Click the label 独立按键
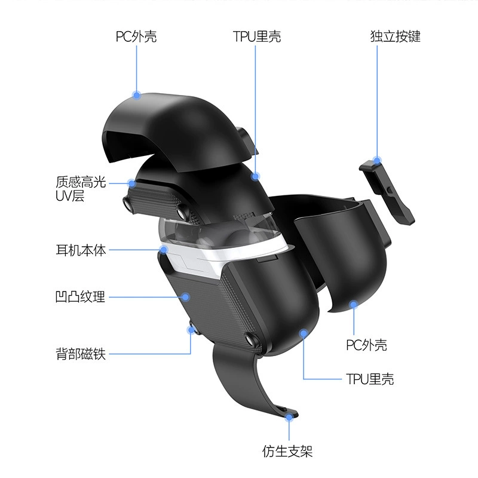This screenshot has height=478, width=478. [396, 36]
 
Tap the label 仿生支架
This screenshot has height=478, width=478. [287, 451]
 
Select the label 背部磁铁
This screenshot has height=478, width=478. [81, 354]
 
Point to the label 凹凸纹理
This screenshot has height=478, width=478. [81, 296]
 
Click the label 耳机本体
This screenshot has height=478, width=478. [81, 250]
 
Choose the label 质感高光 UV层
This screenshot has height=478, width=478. [81, 188]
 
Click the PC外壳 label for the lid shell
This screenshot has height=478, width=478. [136, 36]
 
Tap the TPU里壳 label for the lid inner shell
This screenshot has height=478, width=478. [257, 36]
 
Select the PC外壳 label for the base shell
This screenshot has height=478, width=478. [366, 345]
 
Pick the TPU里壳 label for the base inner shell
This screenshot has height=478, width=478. [370, 379]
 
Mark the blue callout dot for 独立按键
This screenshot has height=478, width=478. [377, 161]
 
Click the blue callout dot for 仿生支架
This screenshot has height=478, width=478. [289, 417]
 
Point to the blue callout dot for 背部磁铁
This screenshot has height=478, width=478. [191, 330]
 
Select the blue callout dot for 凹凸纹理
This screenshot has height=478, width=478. [186, 297]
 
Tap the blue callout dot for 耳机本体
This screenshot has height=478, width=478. [164, 250]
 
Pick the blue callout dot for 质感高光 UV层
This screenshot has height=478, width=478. [131, 183]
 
